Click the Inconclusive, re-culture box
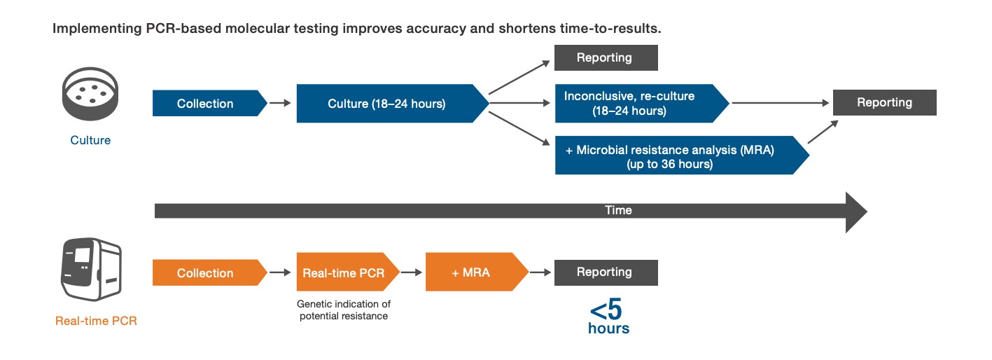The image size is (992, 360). coord(638,103)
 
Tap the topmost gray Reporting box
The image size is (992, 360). coord(606,58)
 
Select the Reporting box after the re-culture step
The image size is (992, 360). coord(884,103)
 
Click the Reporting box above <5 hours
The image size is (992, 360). coord(606,272)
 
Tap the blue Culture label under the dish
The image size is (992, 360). coord(90,140)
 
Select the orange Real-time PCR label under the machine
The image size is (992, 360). coord(96,321)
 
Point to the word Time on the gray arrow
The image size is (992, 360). coord(618,210)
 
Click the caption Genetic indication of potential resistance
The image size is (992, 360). coord(344,310)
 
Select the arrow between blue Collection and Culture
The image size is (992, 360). coord(280,104)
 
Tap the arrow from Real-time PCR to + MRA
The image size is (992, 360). coord(412,272)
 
